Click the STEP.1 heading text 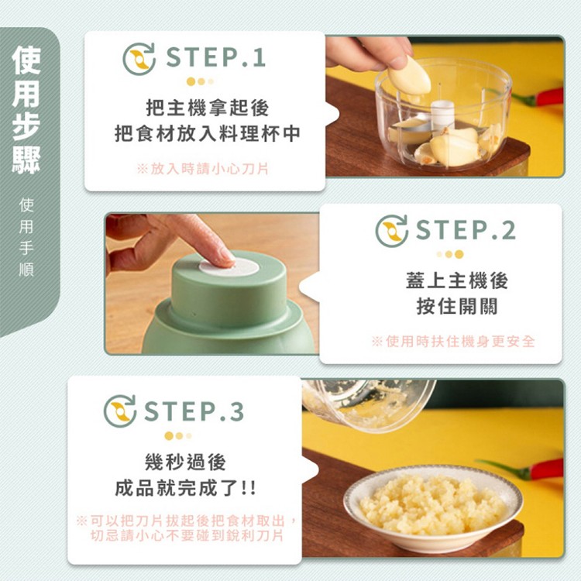(x=215, y=58)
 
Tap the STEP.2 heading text (x=466, y=230)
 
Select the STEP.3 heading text (x=194, y=411)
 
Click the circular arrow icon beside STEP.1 (x=139, y=59)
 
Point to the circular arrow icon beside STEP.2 (x=392, y=231)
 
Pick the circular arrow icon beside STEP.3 (x=120, y=411)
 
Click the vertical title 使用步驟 (x=26, y=109)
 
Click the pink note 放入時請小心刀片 (x=203, y=168)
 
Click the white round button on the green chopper (x=229, y=266)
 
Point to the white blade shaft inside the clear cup (x=442, y=115)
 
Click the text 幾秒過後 (x=186, y=462)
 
